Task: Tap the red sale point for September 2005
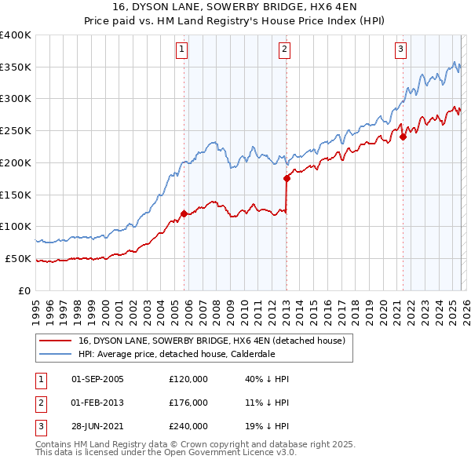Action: point(184,213)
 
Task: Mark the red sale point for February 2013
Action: point(287,178)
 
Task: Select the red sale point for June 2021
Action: point(403,137)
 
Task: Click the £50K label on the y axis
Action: point(18,258)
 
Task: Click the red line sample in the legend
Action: point(56,341)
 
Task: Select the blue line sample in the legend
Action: point(56,354)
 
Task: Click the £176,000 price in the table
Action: point(188,403)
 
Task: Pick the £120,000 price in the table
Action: point(188,379)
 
